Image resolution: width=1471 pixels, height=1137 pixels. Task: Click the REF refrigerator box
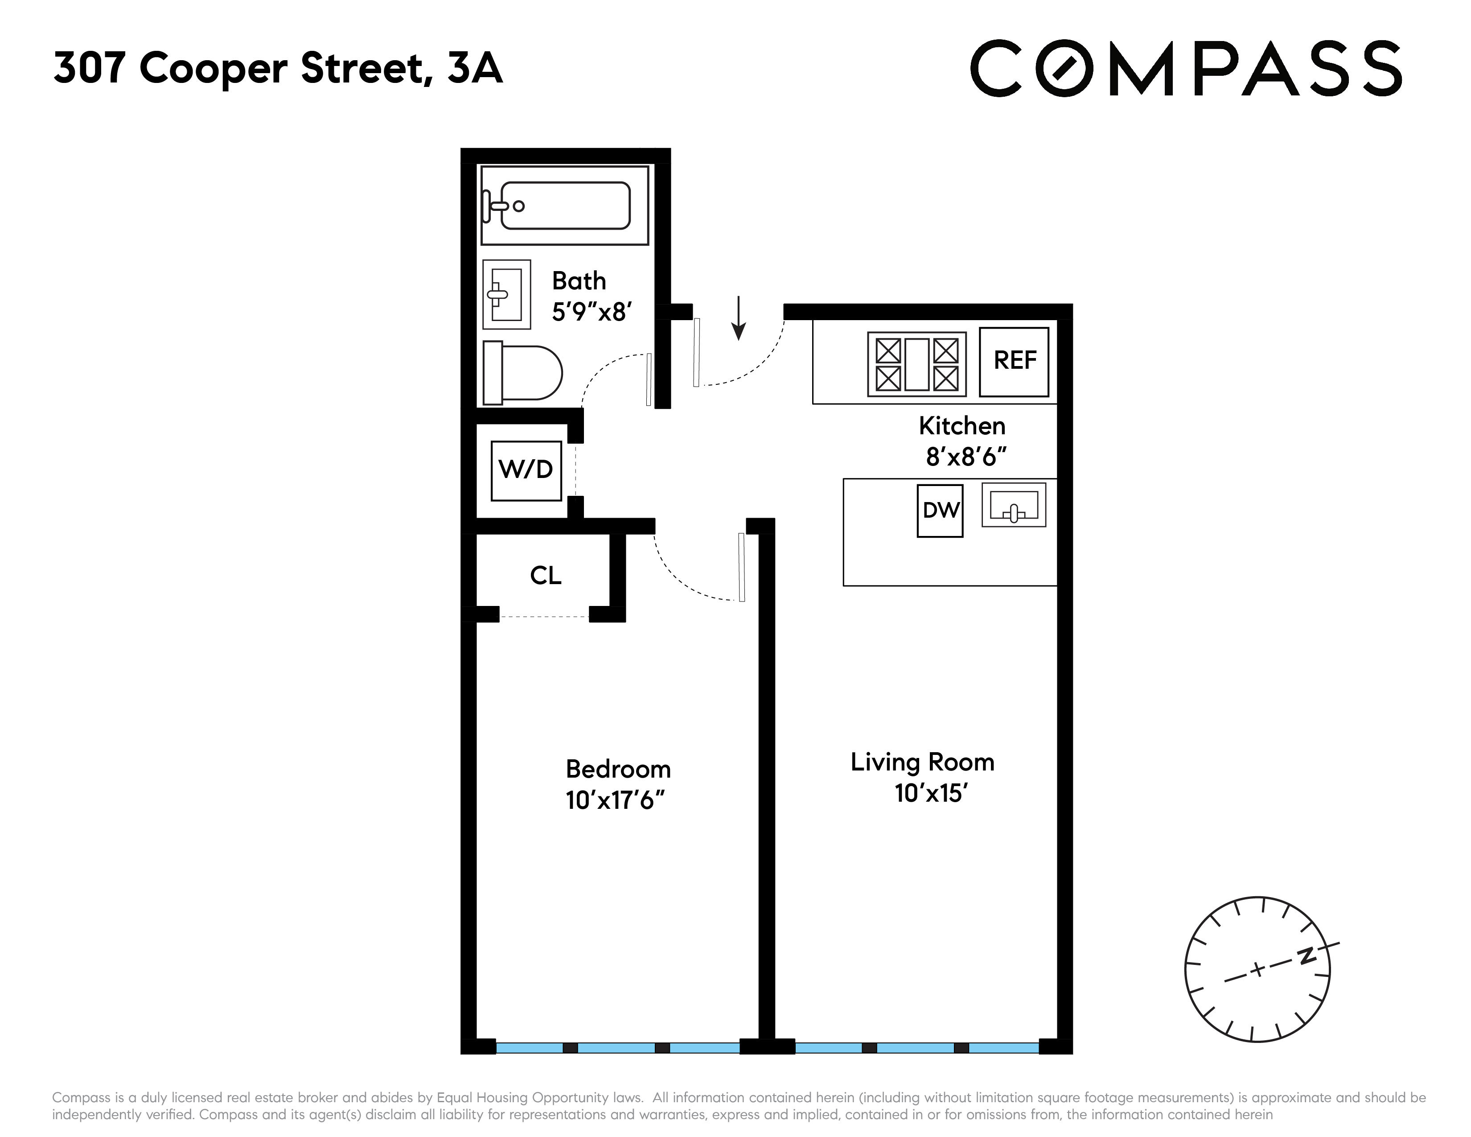(x=1014, y=362)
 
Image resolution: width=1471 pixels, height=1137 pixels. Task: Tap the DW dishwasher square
(x=940, y=511)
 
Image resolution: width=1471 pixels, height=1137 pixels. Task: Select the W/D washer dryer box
(x=526, y=470)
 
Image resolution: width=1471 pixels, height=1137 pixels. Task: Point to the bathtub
(x=564, y=206)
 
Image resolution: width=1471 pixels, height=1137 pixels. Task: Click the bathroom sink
(x=506, y=294)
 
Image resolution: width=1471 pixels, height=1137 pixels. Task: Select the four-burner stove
(x=916, y=364)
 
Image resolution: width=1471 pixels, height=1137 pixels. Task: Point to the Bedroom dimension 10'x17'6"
(x=615, y=801)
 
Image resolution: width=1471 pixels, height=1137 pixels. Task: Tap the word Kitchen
(x=962, y=426)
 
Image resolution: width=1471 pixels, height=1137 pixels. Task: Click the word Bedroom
(x=618, y=769)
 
